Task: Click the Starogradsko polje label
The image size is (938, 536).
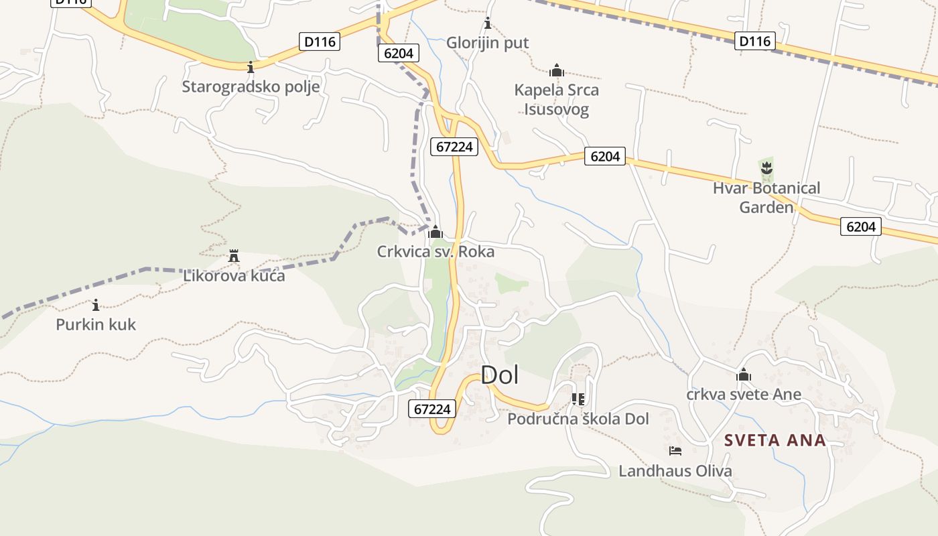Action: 251,86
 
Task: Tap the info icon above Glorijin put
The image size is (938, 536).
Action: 488,24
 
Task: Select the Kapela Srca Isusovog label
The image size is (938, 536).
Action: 556,99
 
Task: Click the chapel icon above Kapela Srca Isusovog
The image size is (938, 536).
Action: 556,70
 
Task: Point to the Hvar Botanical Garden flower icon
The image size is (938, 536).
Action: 766,167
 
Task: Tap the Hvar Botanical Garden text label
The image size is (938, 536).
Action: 766,197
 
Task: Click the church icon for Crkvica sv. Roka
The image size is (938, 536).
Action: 435,232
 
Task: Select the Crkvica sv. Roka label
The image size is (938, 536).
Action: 435,252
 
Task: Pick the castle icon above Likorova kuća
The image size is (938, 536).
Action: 234,256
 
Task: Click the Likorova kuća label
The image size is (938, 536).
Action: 234,275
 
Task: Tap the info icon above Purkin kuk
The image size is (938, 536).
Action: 96,306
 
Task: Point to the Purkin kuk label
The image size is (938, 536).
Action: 96,325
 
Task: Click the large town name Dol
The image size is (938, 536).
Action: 500,375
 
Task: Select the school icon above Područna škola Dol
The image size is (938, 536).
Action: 578,399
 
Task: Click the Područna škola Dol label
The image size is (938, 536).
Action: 578,419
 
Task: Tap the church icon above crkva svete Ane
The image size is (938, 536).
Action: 744,375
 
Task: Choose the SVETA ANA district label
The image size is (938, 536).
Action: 775,440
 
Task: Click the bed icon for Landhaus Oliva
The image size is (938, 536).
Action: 675,451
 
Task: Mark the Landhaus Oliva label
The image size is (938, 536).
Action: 675,471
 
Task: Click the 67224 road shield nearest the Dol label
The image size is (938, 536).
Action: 433,408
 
